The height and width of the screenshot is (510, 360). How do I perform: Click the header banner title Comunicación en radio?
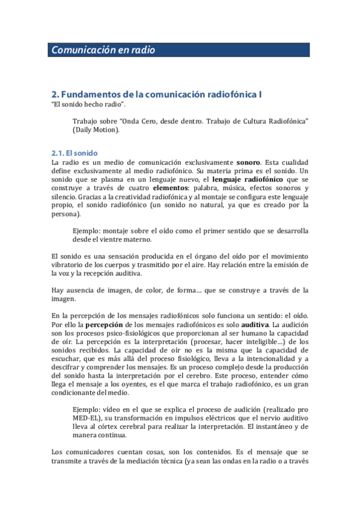coord(103,51)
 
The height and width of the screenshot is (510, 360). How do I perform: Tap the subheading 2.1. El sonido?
coord(75,153)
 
